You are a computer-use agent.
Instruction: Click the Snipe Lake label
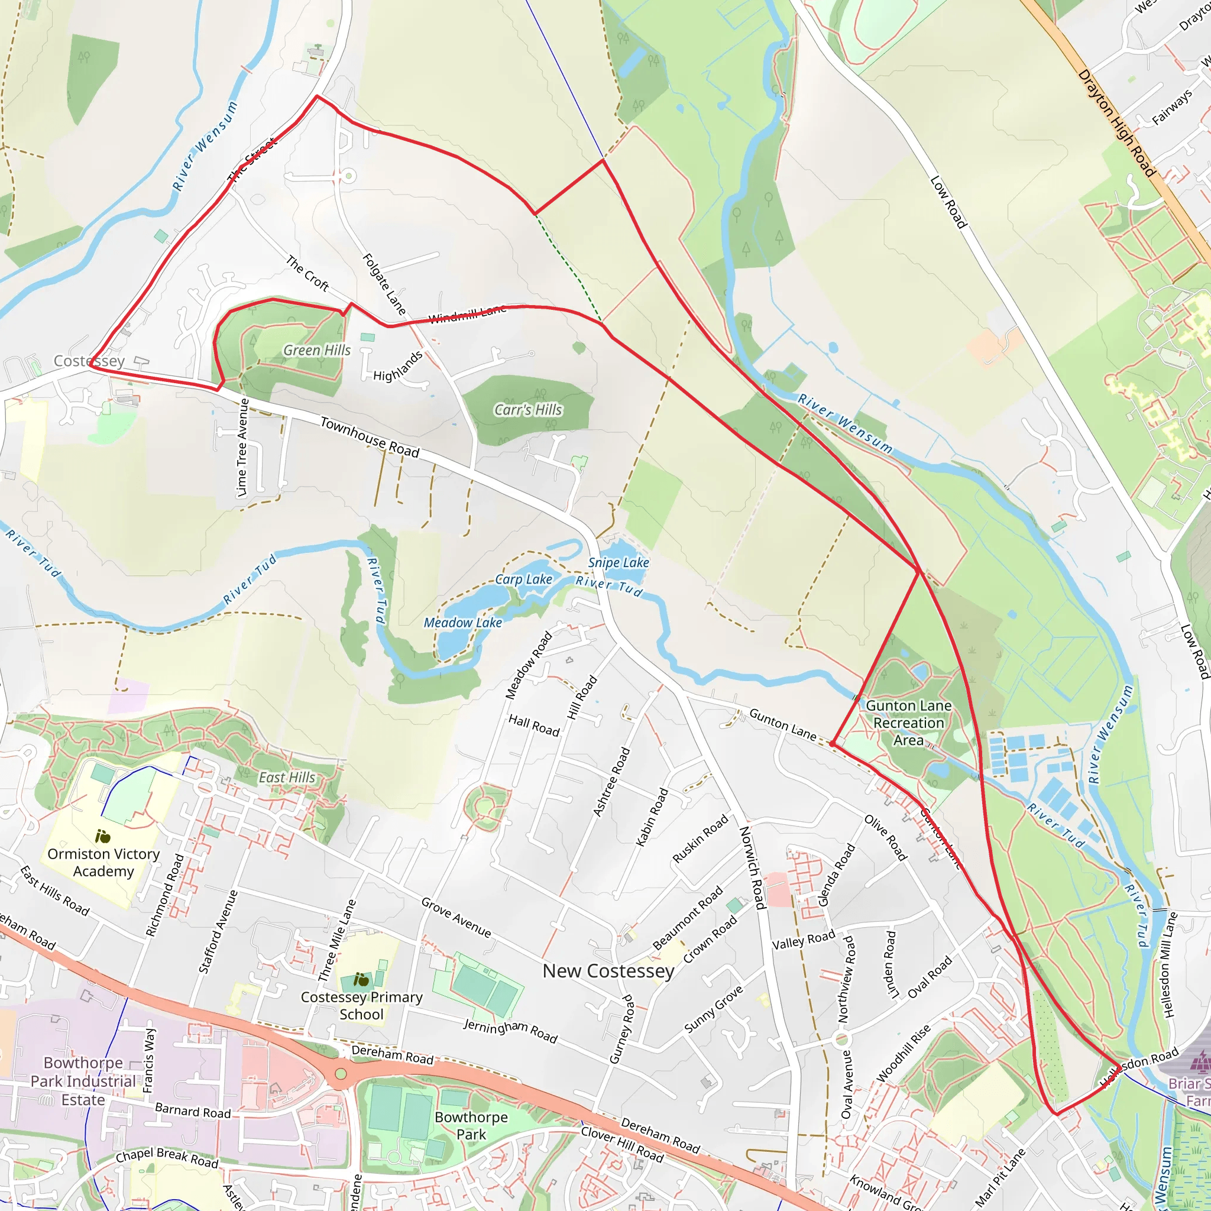pos(618,562)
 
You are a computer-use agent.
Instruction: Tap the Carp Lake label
pos(523,579)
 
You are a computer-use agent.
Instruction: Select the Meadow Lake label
pos(462,623)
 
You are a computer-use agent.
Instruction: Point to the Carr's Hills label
pos(528,410)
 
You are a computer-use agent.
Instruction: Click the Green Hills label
pos(316,351)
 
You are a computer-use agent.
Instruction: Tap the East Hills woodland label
pos(287,777)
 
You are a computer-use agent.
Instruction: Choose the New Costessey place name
pos(608,971)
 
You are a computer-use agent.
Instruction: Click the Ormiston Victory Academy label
pos(103,863)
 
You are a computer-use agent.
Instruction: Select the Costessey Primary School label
pos(362,1005)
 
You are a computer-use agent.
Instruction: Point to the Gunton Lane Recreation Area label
pos(908,723)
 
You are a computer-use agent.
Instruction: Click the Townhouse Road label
pos(369,437)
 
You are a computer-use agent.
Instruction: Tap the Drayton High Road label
pos(1116,123)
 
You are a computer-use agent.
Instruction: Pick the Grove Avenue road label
pos(456,918)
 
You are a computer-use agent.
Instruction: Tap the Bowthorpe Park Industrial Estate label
pos(83,1082)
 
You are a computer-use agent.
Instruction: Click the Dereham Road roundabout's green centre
pos(341,1074)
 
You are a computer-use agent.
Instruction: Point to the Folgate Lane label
pos(384,284)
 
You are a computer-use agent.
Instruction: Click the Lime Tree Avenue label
pos(243,447)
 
